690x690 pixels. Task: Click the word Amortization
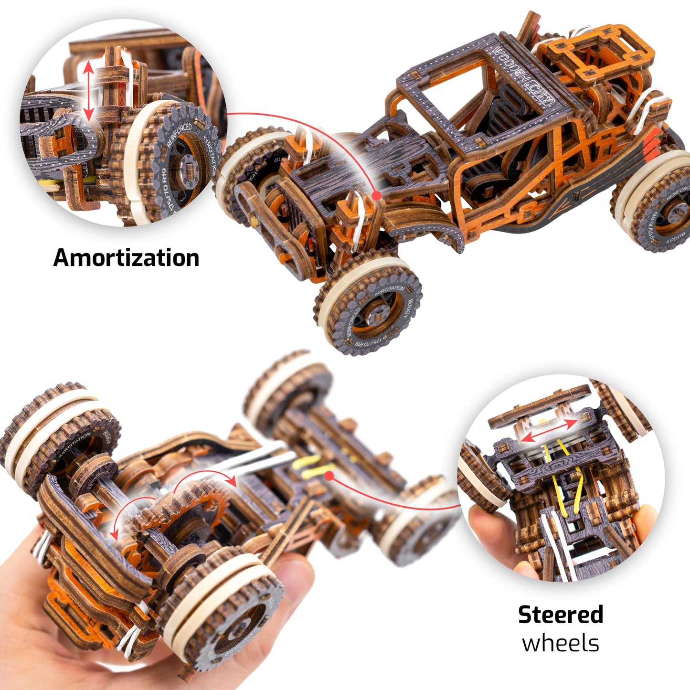click(126, 258)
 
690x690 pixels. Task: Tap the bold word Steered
click(561, 615)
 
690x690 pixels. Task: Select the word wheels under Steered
click(561, 643)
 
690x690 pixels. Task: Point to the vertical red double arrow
click(88, 91)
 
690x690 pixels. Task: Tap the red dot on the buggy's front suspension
click(376, 195)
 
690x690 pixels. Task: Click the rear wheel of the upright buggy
click(657, 203)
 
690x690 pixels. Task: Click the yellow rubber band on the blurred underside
click(310, 466)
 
